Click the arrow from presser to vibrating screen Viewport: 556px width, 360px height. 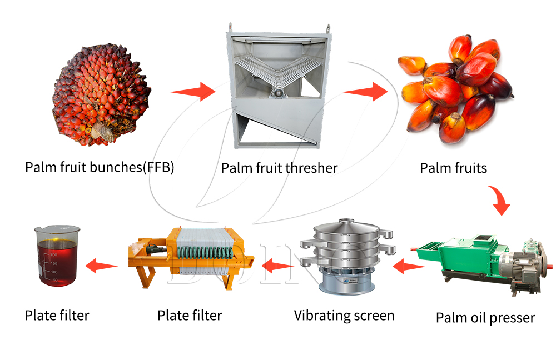click(409, 268)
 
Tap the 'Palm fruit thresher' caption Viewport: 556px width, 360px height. click(279, 167)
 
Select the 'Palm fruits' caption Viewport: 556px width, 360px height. click(453, 167)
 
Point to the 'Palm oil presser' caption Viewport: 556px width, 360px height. click(485, 318)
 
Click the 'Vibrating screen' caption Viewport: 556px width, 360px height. click(344, 316)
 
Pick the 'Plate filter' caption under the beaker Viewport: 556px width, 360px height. click(57, 316)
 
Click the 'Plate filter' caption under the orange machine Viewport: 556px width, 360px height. click(190, 316)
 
